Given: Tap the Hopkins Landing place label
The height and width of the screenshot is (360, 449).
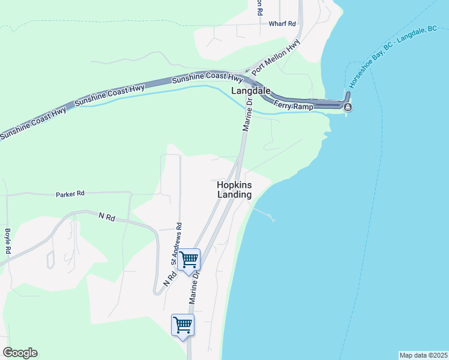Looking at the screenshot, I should click(234, 190).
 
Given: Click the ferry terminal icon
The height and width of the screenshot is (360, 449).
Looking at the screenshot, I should click(348, 107).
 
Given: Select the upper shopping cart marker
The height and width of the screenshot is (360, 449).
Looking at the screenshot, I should click(189, 260).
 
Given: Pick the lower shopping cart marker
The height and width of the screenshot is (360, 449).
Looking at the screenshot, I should click(182, 325).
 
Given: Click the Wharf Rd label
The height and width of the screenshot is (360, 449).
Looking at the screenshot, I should click(283, 24).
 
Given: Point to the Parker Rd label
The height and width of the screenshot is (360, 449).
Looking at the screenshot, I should click(70, 194).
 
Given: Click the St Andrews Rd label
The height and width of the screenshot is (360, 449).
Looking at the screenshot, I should click(175, 244).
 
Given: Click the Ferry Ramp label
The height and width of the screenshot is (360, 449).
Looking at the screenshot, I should click(294, 106).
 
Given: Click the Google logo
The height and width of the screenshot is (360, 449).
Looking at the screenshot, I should click(20, 353).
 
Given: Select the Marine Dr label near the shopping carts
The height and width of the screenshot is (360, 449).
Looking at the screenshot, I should click(194, 288).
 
